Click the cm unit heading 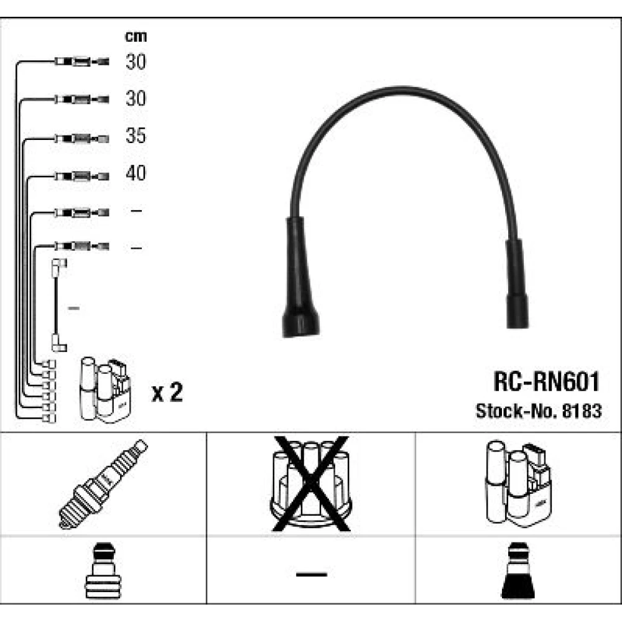coord(136,36)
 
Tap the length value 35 coord(136,136)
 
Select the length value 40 coord(136,174)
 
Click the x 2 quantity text coord(167,393)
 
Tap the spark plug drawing coord(103,484)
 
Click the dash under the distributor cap coord(311,573)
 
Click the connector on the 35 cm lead coord(81,137)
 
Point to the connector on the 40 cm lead coord(81,175)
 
